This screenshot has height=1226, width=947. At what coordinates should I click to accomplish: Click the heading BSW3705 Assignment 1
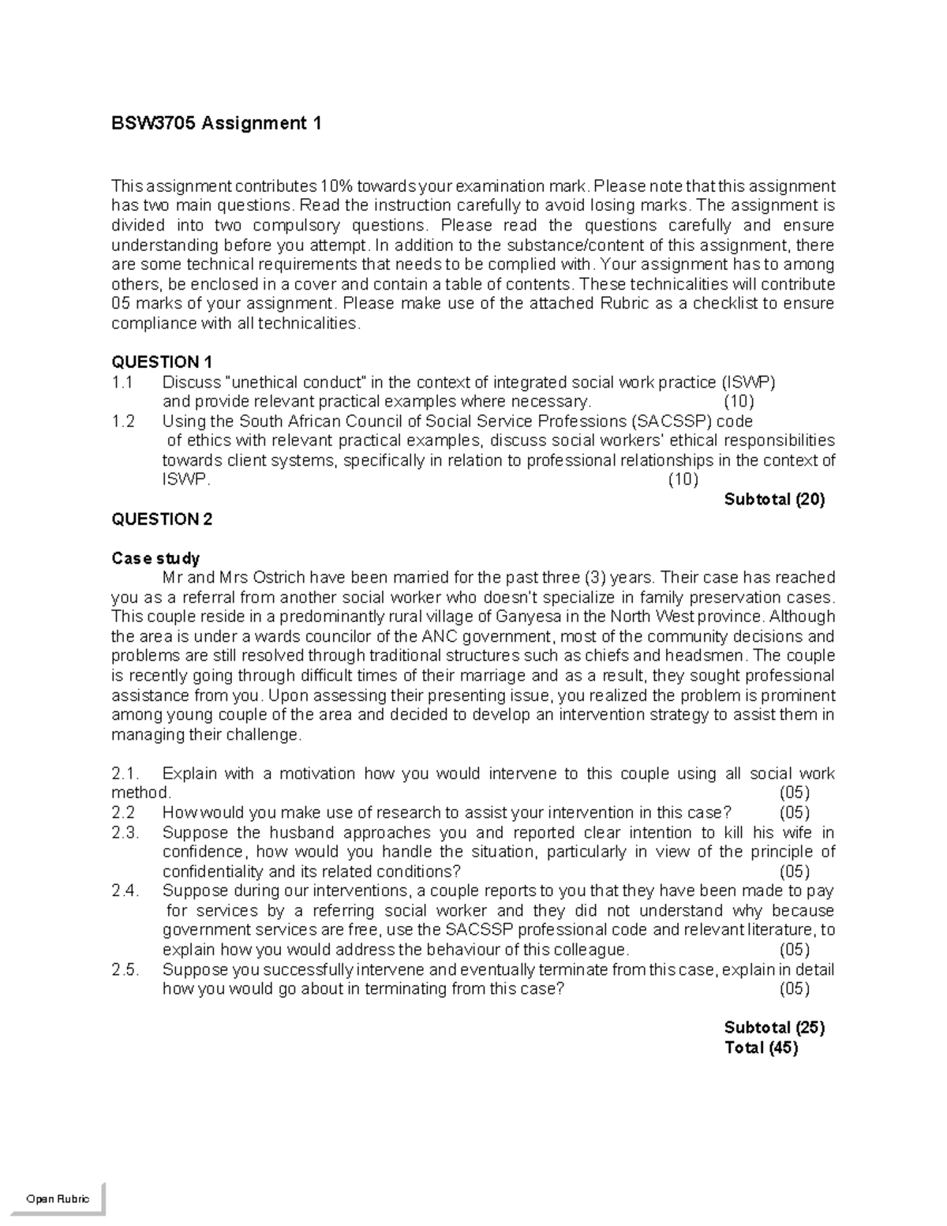216,124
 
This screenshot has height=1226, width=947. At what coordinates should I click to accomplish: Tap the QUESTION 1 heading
162,362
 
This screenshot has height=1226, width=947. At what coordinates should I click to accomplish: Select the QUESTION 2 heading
162,519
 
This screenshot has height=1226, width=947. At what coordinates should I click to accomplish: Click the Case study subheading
155,558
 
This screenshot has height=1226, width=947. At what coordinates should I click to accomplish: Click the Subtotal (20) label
774,500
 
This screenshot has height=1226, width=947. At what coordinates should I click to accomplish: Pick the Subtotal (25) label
774,1028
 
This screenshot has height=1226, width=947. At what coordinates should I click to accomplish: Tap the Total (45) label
761,1048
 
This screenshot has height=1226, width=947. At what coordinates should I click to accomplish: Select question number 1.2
123,422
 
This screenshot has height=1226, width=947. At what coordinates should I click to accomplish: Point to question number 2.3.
125,833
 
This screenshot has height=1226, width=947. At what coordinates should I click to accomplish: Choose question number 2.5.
125,970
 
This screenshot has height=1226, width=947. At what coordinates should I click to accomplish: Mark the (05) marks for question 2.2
794,813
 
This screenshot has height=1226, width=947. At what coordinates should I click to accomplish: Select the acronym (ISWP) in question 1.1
748,383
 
